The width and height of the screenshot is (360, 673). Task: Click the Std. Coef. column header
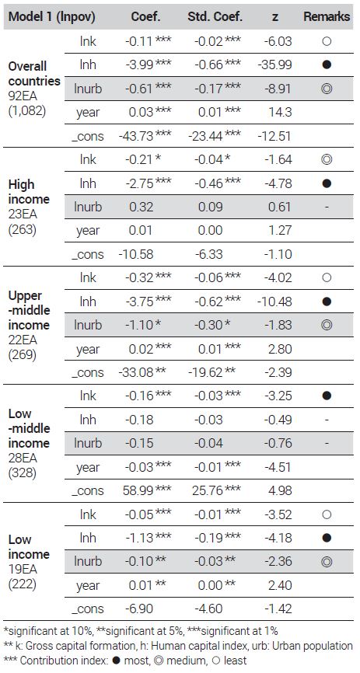pyautogui.click(x=215, y=17)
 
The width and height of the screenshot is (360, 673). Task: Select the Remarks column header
pyautogui.click(x=327, y=17)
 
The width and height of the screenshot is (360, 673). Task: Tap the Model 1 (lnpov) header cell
pyautogui.click(x=52, y=17)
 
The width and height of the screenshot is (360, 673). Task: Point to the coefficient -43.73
pyautogui.click(x=136, y=136)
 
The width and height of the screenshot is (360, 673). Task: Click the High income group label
pyautogui.click(x=29, y=192)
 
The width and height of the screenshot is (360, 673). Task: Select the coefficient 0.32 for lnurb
pyautogui.click(x=141, y=207)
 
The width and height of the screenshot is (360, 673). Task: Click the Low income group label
pyautogui.click(x=29, y=546)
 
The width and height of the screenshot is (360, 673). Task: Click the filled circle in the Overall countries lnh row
pyautogui.click(x=327, y=65)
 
